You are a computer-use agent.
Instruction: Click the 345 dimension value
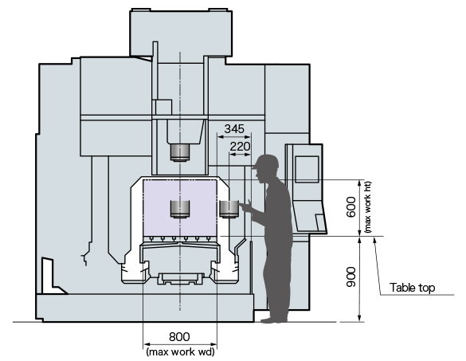[234, 128]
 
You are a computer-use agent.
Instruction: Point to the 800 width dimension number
[180, 337]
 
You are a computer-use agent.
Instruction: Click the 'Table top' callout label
[412, 288]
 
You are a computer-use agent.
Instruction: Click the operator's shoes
[275, 319]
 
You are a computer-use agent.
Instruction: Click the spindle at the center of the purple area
[180, 210]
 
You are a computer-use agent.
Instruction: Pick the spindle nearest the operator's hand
[229, 209]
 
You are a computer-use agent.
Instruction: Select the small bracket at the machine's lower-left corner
[46, 271]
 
